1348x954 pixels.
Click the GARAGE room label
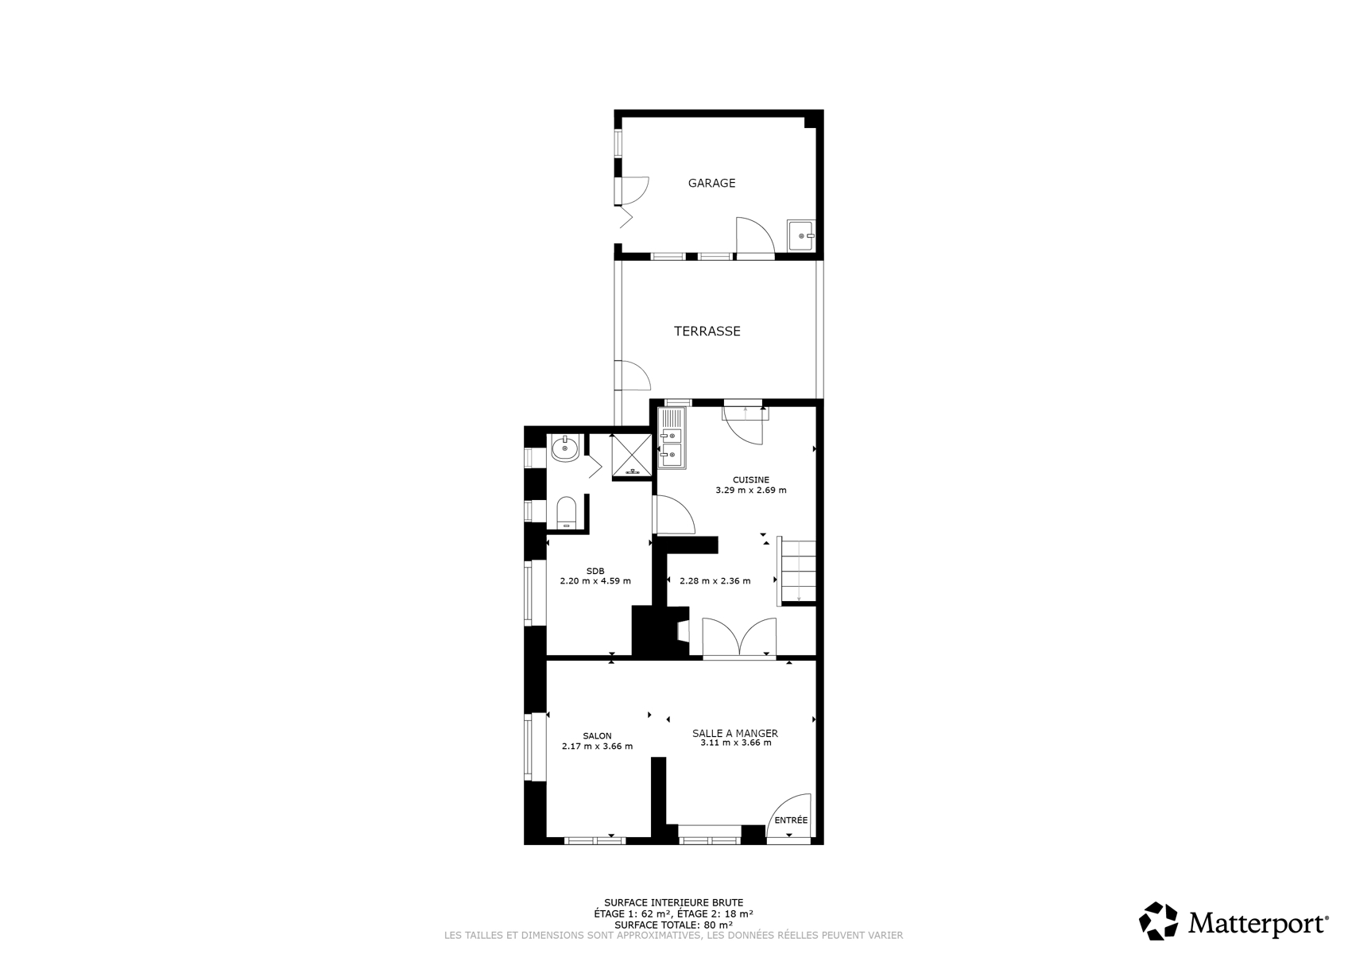(x=712, y=183)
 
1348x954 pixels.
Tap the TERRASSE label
(x=707, y=331)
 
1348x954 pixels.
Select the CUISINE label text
(x=751, y=479)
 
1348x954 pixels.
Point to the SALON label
(x=597, y=735)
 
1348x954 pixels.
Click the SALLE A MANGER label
(x=734, y=733)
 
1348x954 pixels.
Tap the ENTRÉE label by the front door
(x=791, y=820)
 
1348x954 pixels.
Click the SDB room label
(x=595, y=571)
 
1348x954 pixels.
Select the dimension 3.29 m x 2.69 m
(x=751, y=490)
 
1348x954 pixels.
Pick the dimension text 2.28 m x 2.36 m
(x=715, y=581)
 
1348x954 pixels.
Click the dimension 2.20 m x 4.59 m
(x=595, y=581)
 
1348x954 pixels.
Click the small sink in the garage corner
(x=801, y=235)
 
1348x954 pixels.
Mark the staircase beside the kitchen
(x=796, y=571)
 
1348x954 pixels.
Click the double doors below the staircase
(x=739, y=637)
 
